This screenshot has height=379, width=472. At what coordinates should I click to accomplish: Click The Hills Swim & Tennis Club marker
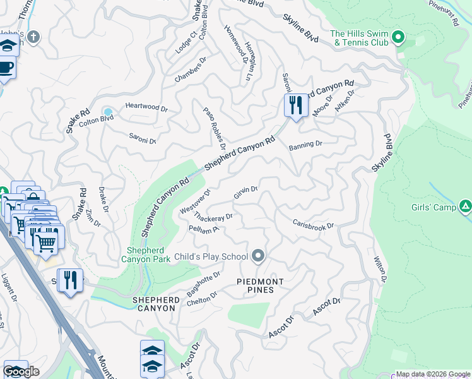coord(398,38)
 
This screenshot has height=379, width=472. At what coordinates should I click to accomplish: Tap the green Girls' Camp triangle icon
coord(465,206)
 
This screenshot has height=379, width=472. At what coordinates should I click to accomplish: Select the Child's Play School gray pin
coord(257,256)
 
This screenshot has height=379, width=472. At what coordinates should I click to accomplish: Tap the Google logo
coord(21,371)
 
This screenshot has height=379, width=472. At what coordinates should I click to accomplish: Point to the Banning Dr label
coord(305,145)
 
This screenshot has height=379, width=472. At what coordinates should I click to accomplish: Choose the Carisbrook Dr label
coord(313,224)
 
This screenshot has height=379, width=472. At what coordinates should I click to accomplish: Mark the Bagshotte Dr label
coord(204,284)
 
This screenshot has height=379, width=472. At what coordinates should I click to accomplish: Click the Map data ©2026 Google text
coord(433,374)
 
